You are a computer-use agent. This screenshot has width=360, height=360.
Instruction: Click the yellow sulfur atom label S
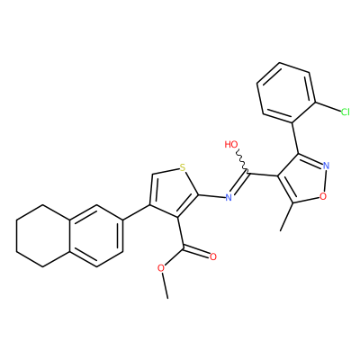point(183,167)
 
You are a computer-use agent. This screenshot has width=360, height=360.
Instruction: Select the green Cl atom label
point(346,112)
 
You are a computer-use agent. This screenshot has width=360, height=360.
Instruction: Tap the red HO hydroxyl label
point(231,145)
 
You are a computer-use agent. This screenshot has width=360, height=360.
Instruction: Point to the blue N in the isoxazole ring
point(327,166)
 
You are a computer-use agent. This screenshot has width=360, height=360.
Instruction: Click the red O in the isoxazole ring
point(323,196)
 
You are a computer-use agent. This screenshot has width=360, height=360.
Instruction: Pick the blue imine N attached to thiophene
point(229,197)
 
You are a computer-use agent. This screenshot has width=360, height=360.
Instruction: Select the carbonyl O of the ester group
point(213,256)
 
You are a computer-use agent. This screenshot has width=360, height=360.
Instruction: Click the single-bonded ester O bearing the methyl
point(161,268)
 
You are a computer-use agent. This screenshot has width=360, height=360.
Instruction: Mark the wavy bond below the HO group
point(242,161)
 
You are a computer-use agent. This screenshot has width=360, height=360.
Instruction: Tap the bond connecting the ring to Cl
point(328,107)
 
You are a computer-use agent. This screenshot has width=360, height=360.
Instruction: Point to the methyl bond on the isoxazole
point(286,217)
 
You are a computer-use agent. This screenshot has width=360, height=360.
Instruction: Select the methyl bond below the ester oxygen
point(165,285)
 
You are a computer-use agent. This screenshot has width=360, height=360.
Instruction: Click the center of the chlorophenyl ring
point(286,93)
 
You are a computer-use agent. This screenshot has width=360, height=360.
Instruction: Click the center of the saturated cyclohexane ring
point(43,236)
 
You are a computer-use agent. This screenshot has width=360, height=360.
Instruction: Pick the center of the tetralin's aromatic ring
point(96,236)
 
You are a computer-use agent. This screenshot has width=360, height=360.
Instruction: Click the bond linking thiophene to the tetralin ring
point(137,213)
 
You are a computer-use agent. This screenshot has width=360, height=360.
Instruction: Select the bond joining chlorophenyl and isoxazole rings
point(295,139)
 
